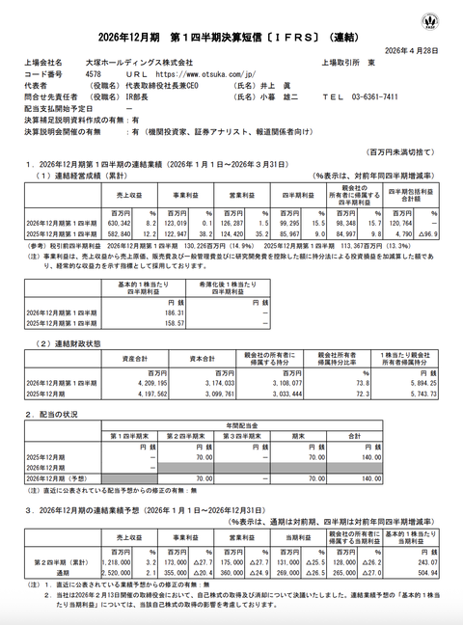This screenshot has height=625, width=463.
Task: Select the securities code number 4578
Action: coord(95,73)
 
